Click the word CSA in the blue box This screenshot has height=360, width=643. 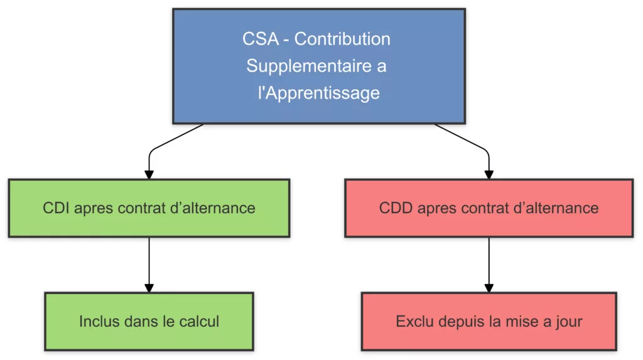tap(259, 39)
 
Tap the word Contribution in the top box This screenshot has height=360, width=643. tap(342, 39)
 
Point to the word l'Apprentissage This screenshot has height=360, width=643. tap(319, 93)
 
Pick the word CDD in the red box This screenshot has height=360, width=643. tap(394, 208)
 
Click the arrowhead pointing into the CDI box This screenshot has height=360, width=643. tap(149, 174)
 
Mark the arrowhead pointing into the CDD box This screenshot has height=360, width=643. tap(489, 174)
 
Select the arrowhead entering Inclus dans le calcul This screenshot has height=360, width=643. tap(149, 287)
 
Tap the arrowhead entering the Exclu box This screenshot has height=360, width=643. tap(489, 287)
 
